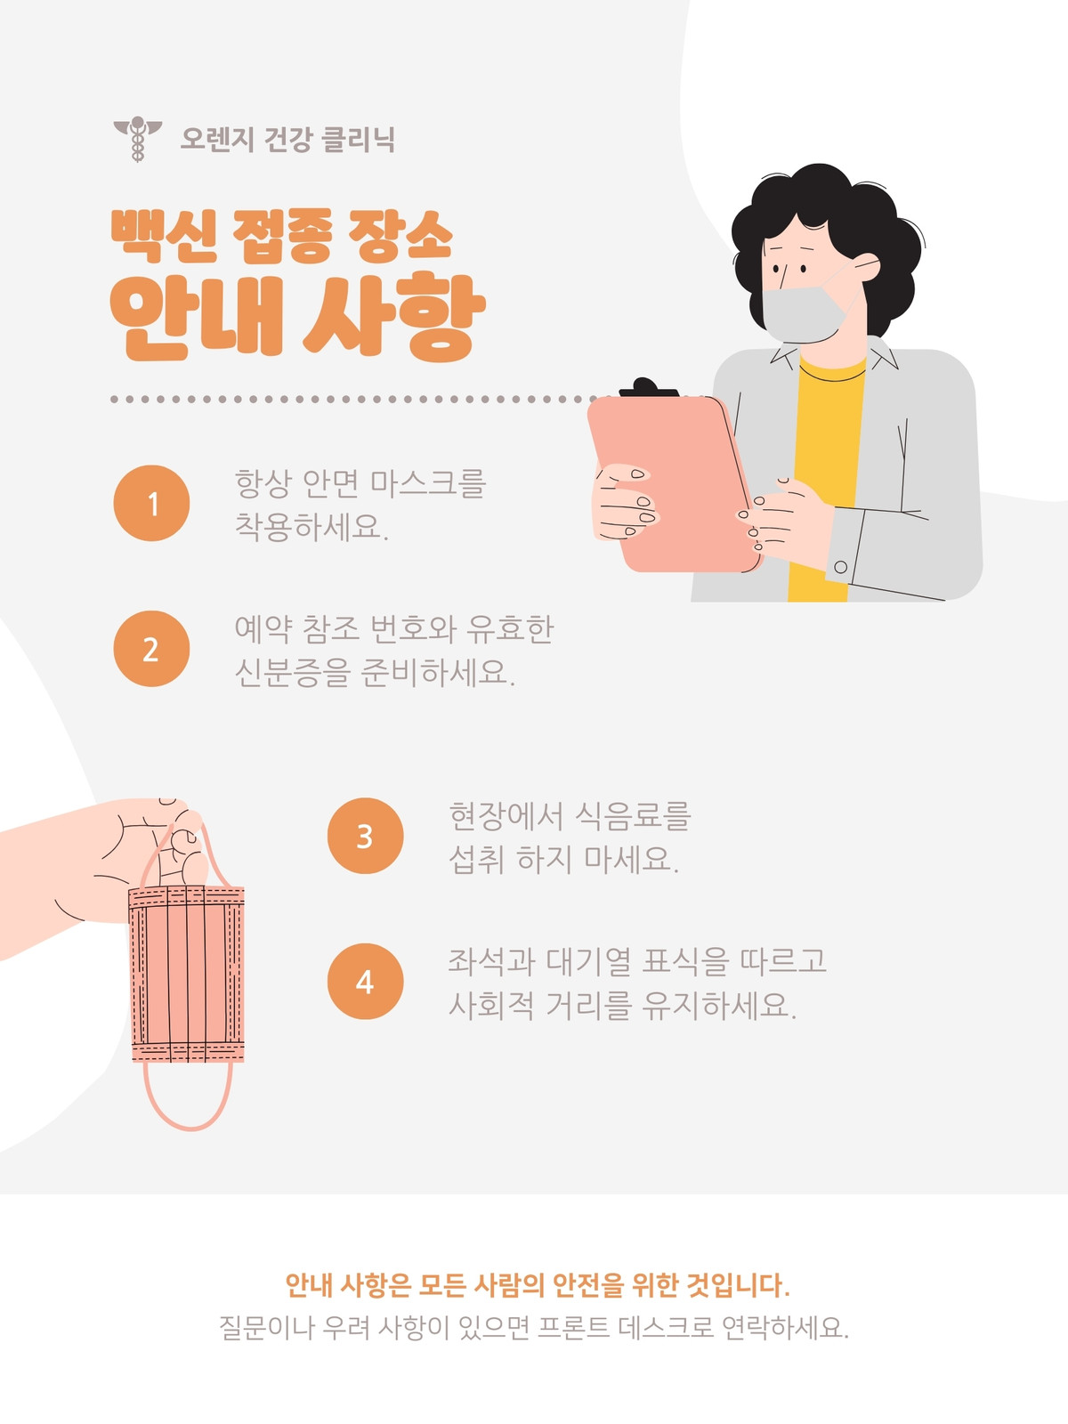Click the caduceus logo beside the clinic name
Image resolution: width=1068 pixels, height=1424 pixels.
point(137,139)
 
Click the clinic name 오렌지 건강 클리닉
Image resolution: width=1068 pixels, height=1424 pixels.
point(287,139)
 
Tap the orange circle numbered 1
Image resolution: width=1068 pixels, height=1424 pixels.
point(151,503)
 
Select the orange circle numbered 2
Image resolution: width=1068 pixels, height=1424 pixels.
point(151,648)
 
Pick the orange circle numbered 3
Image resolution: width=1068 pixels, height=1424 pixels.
point(365,836)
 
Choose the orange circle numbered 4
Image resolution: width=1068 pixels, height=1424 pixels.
point(365,981)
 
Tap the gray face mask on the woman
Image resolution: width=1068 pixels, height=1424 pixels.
point(804,312)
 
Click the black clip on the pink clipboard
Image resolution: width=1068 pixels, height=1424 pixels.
point(649,387)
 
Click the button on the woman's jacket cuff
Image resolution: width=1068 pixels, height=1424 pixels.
point(840,567)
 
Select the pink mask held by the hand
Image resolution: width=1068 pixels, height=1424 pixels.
point(187,974)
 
